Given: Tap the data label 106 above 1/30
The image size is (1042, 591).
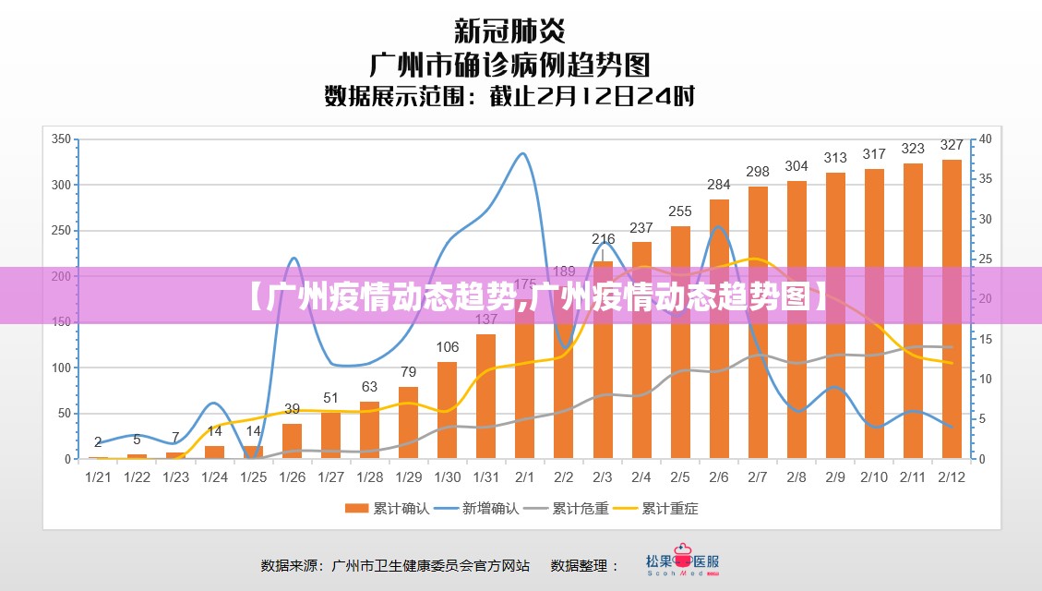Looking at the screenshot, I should pos(448,347).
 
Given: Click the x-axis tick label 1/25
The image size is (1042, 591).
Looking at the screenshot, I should pos(253,477).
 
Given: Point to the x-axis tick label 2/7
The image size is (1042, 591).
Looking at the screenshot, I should pos(758,477).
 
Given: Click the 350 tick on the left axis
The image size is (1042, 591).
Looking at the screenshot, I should pos(61,139).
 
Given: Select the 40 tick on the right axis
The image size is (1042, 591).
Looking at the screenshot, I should pos(986,139).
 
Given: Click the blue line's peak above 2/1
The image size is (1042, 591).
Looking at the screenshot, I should pos(523,153).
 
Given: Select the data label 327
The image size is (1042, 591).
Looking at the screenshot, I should pos(952,145).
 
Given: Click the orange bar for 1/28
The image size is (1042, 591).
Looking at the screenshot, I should pos(370,430).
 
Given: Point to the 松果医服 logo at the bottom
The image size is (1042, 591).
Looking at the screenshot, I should pos(682,564).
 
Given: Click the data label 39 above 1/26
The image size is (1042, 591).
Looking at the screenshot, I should pos(292,408).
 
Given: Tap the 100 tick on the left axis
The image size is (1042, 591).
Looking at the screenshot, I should pos(61,368).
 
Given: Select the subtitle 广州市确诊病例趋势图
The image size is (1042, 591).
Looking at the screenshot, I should pos(509,65).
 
